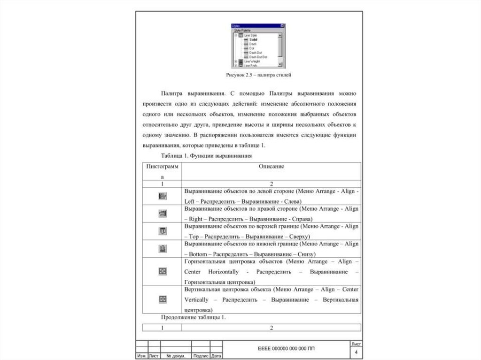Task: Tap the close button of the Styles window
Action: (x=282, y=26)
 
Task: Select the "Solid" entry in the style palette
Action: (x=253, y=39)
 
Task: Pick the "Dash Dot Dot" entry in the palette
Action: (x=258, y=57)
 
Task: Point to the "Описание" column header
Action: (x=271, y=166)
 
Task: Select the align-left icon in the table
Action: (x=163, y=196)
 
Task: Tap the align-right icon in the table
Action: (x=163, y=213)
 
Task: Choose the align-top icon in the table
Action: (x=163, y=230)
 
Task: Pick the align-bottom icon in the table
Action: (x=163, y=248)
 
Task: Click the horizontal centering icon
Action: (x=163, y=271)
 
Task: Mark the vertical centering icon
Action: (x=163, y=299)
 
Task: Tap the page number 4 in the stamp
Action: (x=356, y=352)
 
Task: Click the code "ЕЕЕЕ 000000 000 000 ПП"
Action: (x=287, y=349)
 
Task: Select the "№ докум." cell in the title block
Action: (x=176, y=356)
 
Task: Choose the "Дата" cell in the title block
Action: (x=216, y=356)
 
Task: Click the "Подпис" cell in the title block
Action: (x=201, y=356)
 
